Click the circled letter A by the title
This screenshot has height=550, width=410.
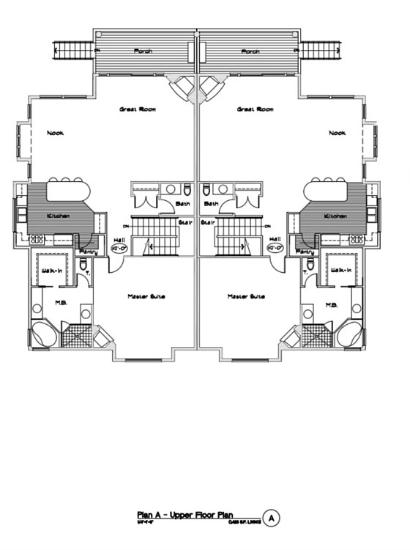pos(272,518)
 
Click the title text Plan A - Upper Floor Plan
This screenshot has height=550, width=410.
pos(187,515)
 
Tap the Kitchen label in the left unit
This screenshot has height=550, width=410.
pos(58,216)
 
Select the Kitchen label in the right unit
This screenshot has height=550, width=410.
pos(336,216)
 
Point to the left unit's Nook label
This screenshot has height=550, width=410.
pos(55,133)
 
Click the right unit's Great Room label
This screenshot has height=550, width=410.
pos(256,109)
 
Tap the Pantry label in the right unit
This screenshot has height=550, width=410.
pos(307,252)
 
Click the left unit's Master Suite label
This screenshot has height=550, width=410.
pos(146,296)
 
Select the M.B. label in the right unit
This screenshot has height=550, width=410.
pos(330,304)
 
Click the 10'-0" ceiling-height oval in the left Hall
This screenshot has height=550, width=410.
pos(118,249)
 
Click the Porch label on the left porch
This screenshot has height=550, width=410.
pos(143,51)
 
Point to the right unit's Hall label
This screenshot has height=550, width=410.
pos(275,239)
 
